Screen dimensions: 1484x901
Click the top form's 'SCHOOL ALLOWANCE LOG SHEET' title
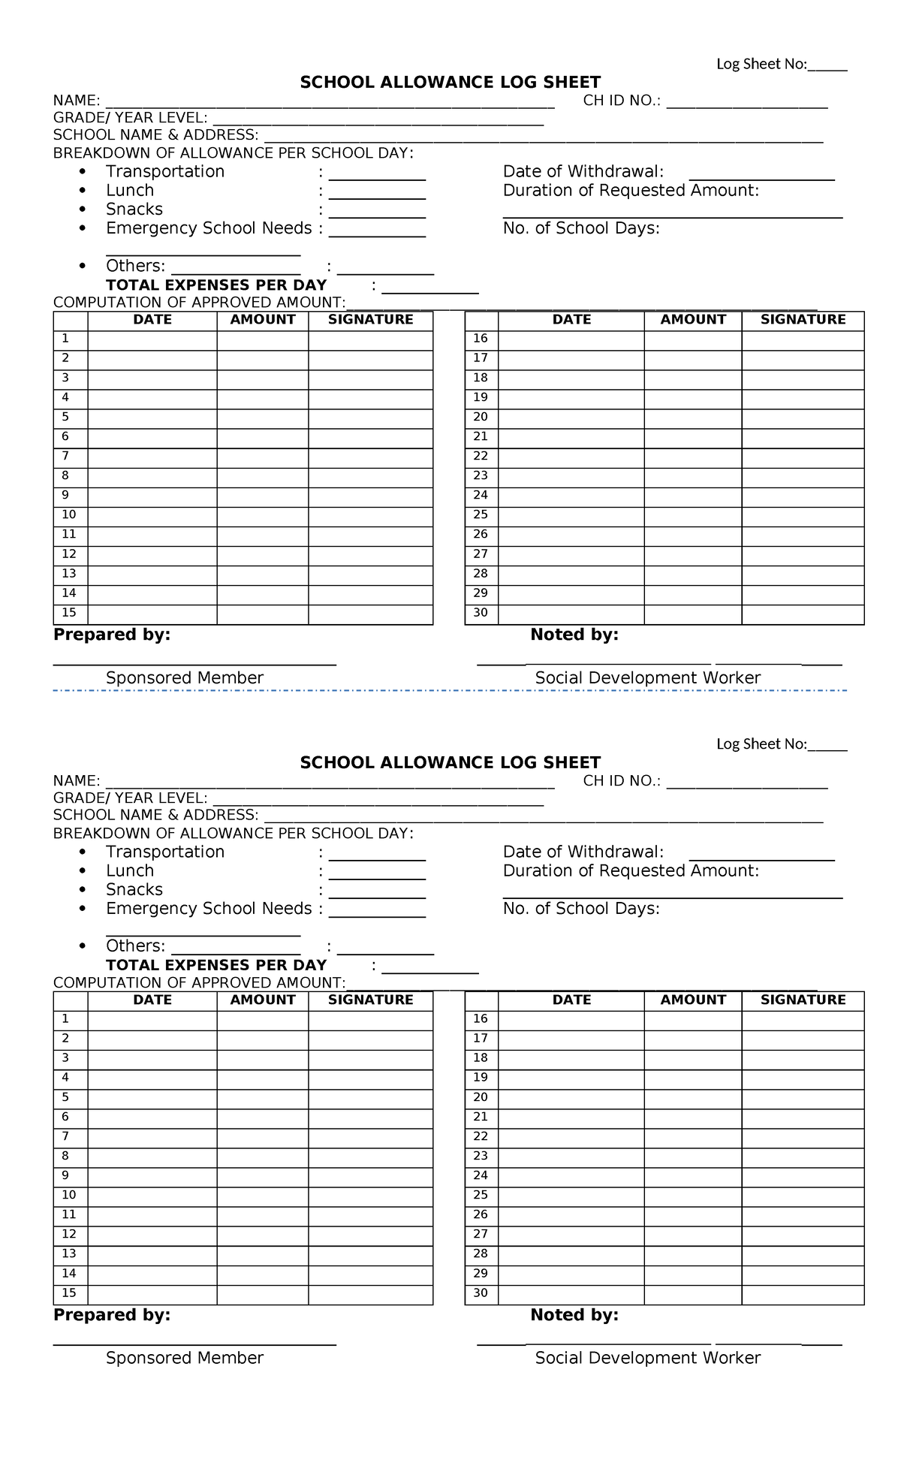(x=450, y=82)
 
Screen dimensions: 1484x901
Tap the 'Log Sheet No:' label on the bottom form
(x=761, y=744)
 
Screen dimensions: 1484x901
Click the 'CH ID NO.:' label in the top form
(x=622, y=101)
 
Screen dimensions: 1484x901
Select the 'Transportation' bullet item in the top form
(x=165, y=171)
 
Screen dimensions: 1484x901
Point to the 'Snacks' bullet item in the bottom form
(x=134, y=889)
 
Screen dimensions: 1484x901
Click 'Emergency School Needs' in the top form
(x=209, y=228)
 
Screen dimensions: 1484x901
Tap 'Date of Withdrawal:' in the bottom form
(x=583, y=852)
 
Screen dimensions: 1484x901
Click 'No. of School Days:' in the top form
(x=581, y=228)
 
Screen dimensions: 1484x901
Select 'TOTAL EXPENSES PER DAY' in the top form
(x=216, y=285)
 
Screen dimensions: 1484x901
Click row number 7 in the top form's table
(x=65, y=456)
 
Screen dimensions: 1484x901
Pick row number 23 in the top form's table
(x=481, y=475)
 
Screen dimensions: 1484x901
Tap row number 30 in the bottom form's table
(x=481, y=1292)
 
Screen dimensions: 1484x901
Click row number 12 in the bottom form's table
(x=69, y=1234)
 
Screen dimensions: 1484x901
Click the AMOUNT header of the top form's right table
(x=693, y=320)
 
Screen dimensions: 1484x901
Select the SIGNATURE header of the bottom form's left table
(x=371, y=1000)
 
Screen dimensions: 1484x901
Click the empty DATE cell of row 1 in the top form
(x=152, y=339)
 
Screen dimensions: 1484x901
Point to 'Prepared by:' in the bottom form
(x=112, y=1314)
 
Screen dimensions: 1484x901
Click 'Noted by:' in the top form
(x=574, y=635)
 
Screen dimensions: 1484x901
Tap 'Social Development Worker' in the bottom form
(x=648, y=1357)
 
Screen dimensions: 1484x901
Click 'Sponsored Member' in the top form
(x=185, y=677)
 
